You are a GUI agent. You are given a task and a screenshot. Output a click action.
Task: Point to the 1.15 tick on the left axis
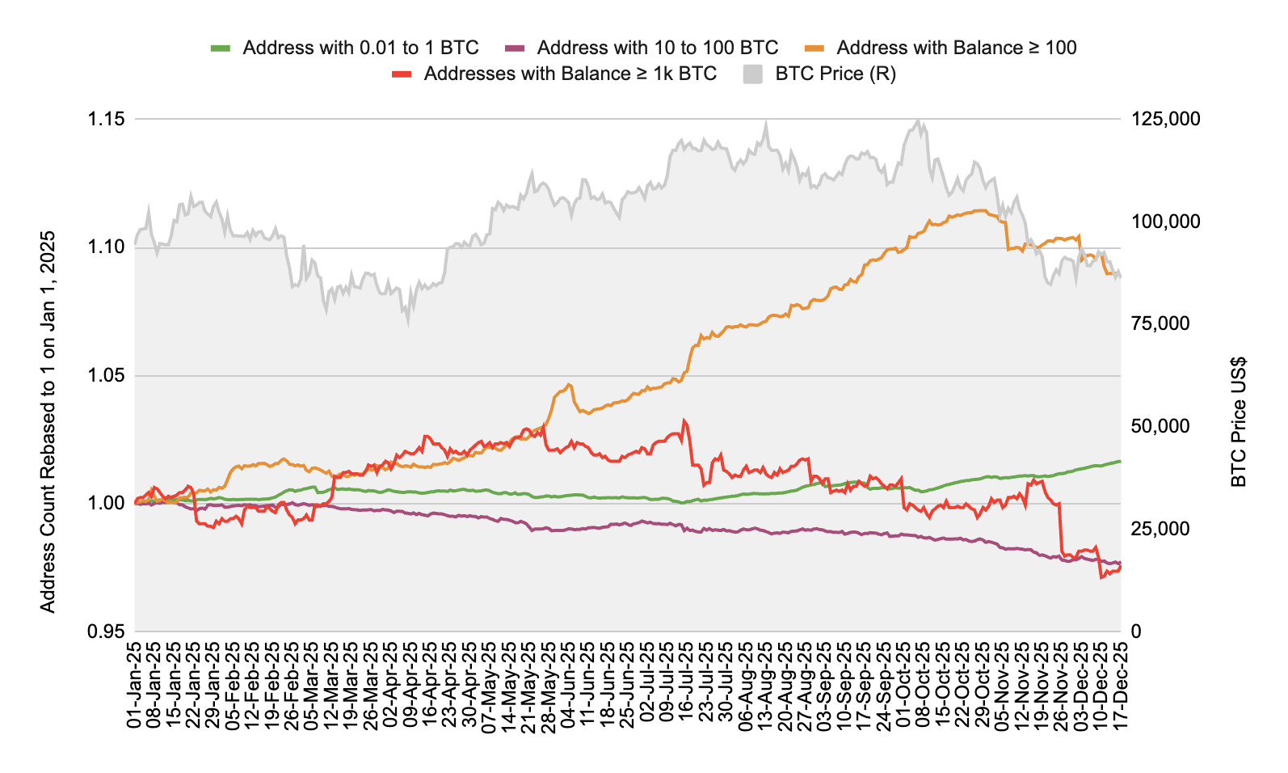pos(106,119)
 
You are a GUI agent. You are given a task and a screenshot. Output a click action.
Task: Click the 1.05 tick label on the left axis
pos(106,375)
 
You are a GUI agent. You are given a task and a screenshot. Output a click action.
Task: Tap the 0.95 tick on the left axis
pos(106,631)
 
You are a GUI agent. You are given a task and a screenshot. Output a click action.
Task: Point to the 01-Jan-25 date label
pos(135,685)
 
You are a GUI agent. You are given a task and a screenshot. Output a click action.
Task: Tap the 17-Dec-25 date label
pos(1121,685)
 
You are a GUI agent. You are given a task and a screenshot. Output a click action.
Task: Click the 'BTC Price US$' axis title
pos(1238,422)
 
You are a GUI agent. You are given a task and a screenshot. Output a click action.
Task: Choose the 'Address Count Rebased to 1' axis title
pos(48,422)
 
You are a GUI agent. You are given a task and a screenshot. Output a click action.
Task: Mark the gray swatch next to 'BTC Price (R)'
pos(752,74)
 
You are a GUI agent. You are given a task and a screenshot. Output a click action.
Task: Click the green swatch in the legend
pos(221,48)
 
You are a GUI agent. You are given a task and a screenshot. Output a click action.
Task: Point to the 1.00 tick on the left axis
pos(106,503)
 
